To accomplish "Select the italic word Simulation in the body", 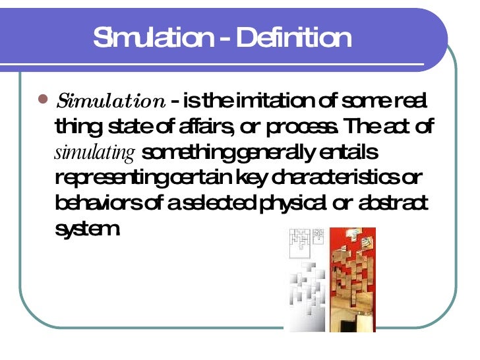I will [111, 102].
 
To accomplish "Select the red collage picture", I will [352, 277].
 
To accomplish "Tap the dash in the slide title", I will [225, 39].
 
